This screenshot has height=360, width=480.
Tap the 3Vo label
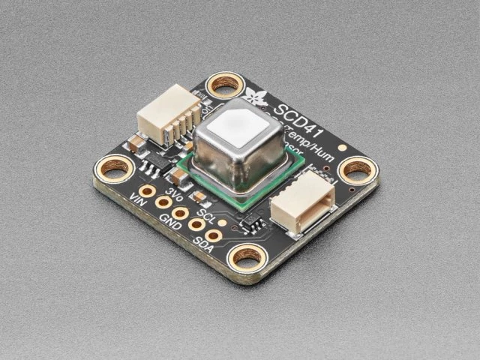click(174, 195)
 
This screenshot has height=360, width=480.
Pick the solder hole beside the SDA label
click(213, 235)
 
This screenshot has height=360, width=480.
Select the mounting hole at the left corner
click(113, 171)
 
